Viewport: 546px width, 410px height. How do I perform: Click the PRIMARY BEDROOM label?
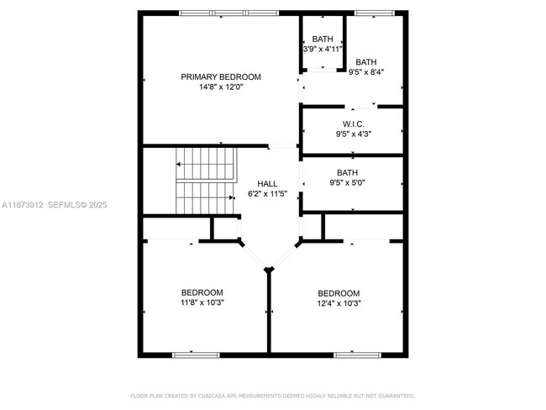(221, 76)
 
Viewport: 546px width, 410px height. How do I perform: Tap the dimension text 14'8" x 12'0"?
(221, 87)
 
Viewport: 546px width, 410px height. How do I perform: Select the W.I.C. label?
(353, 123)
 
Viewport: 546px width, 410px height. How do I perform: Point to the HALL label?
(267, 183)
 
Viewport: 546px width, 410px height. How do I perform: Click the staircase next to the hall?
(204, 180)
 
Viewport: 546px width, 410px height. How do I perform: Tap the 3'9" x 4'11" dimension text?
(323, 49)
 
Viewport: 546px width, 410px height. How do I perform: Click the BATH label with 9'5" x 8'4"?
(366, 61)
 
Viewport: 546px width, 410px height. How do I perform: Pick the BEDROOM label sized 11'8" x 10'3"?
(202, 292)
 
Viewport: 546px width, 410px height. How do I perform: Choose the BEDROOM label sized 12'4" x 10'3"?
(339, 293)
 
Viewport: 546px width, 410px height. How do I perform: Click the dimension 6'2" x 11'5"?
(267, 193)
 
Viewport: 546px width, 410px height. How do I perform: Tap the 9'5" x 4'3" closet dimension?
(353, 133)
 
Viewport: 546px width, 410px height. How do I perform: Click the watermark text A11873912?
(22, 204)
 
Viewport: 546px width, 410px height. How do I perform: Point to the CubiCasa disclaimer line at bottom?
(273, 395)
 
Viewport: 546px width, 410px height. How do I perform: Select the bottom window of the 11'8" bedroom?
(197, 355)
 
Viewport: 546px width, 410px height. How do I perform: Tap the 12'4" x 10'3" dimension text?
(339, 303)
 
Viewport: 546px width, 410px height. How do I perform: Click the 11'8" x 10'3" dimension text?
(202, 302)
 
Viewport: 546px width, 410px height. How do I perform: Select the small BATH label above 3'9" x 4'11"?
(323, 39)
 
